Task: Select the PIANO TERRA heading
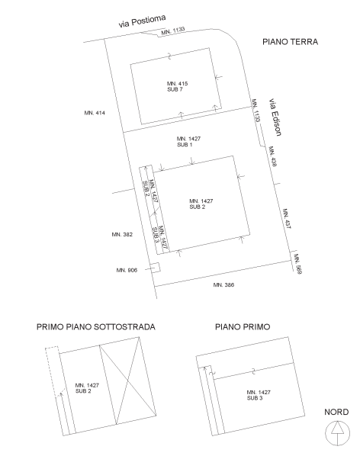coord(289,43)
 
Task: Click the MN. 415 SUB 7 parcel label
coord(175,86)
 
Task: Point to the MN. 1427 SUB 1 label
coord(186,141)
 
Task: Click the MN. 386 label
coord(223,284)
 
